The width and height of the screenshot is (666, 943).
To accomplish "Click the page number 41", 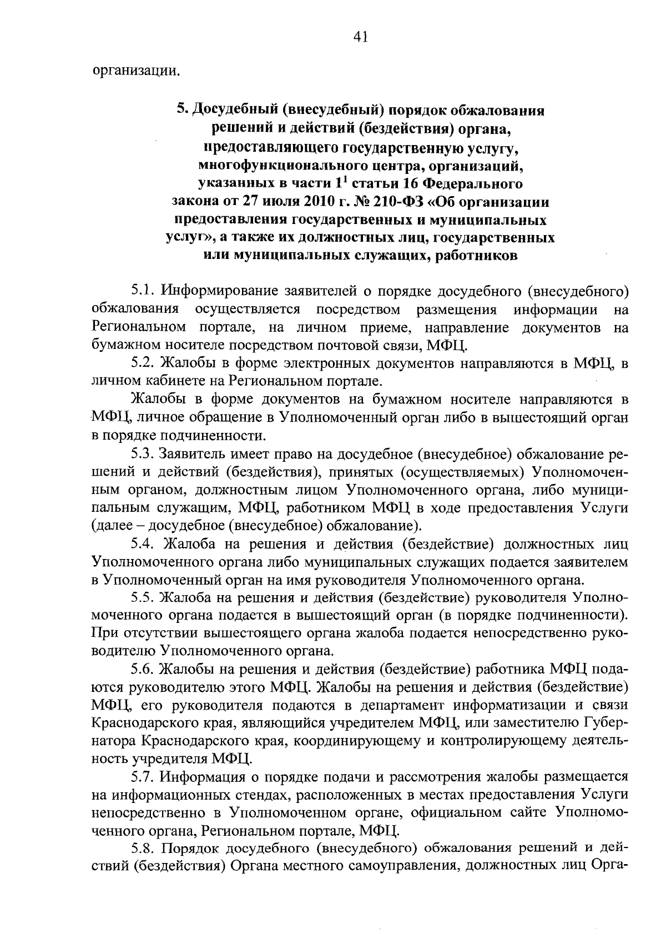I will coord(360,37).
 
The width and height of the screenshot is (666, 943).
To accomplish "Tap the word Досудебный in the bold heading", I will coord(233,110).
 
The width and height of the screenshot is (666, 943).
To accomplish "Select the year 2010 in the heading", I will coord(289,201).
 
